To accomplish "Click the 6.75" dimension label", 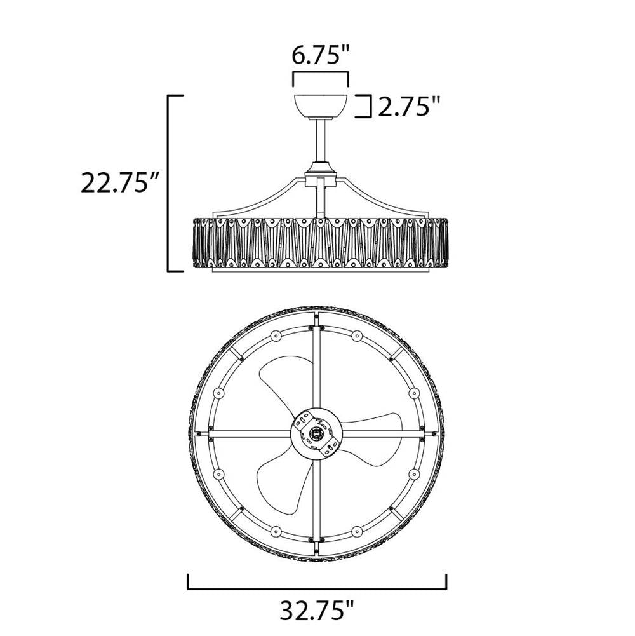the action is click(321, 55).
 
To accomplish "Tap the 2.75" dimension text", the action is click(409, 107).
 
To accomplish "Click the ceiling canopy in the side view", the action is click(320, 106).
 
